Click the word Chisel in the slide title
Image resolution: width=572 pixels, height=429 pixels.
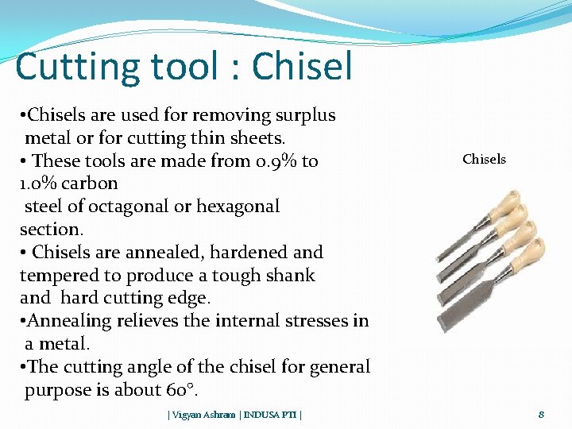[302, 67]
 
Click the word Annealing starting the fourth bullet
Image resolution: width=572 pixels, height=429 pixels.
[67, 321]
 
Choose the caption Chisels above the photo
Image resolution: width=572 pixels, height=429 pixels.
[484, 159]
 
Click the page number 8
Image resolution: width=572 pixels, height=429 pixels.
[541, 414]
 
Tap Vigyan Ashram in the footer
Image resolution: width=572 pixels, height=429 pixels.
[202, 415]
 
